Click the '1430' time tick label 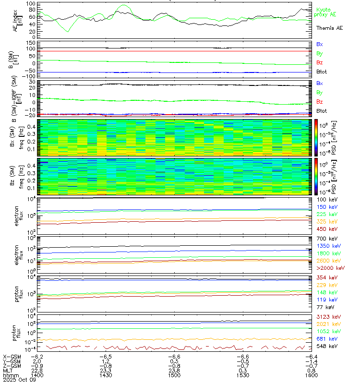click(x=106, y=376)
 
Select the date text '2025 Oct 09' click(x=18, y=381)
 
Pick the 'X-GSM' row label click(x=11, y=357)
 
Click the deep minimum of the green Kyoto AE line click(x=67, y=31)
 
